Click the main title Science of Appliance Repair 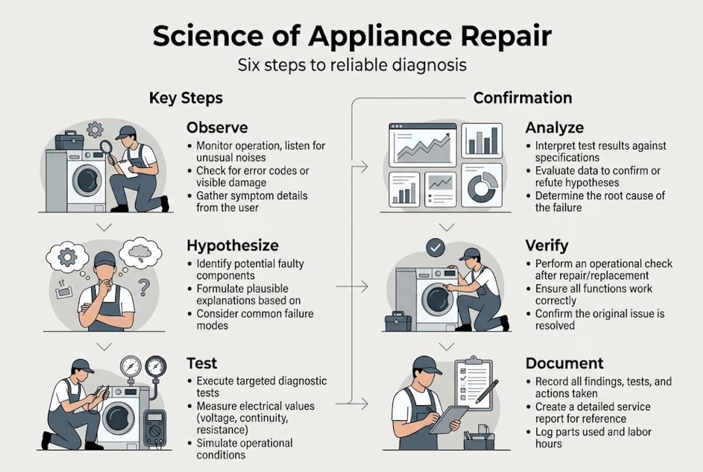(x=351, y=37)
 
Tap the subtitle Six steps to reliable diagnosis (x=351, y=66)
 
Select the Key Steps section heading (x=186, y=98)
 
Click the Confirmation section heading (x=522, y=98)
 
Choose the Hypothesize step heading (x=233, y=246)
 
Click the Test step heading (x=202, y=363)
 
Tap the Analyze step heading (x=554, y=127)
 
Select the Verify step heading (x=546, y=246)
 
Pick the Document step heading (x=564, y=363)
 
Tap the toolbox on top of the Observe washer (x=69, y=140)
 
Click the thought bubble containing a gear (x=67, y=257)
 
